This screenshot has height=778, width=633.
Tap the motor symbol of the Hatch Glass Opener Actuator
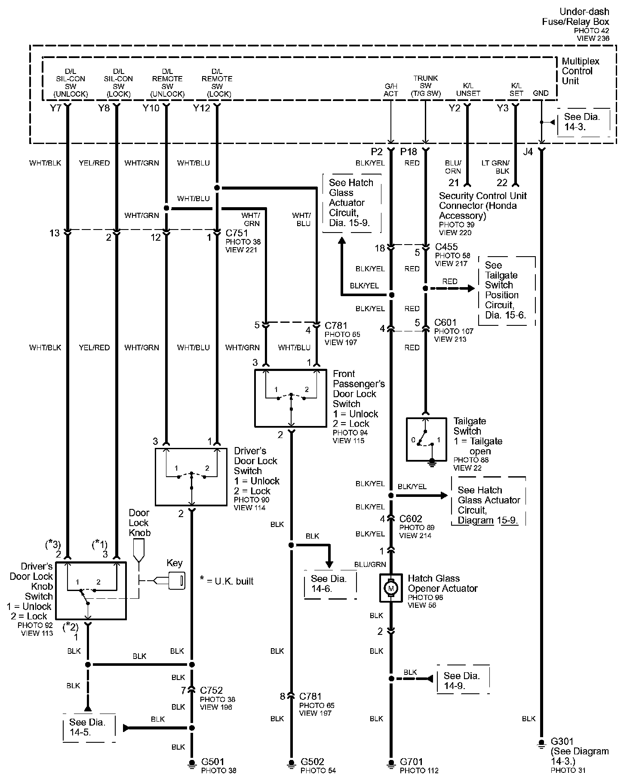pyautogui.click(x=390, y=588)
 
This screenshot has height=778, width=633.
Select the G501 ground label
pyautogui.click(x=213, y=762)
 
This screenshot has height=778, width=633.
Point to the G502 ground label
pyautogui.click(x=312, y=762)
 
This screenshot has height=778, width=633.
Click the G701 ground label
pyautogui.click(x=412, y=762)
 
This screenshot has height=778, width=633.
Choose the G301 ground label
pyautogui.click(x=562, y=741)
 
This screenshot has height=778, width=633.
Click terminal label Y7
pyautogui.click(x=55, y=108)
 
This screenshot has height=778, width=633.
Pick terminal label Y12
pyautogui.click(x=202, y=108)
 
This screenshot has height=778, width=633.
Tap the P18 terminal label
pyautogui.click(x=409, y=152)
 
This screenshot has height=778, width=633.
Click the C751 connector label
pyautogui.click(x=237, y=233)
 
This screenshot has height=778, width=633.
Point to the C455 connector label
pyautogui.click(x=446, y=247)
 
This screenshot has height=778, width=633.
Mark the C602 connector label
pyautogui.click(x=411, y=519)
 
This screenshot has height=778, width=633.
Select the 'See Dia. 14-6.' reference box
pyautogui.click(x=330, y=583)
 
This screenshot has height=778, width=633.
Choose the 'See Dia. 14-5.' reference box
pyautogui.click(x=88, y=728)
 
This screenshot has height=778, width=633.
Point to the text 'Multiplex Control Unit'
pyautogui.click(x=581, y=71)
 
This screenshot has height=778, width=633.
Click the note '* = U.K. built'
pyautogui.click(x=227, y=581)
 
